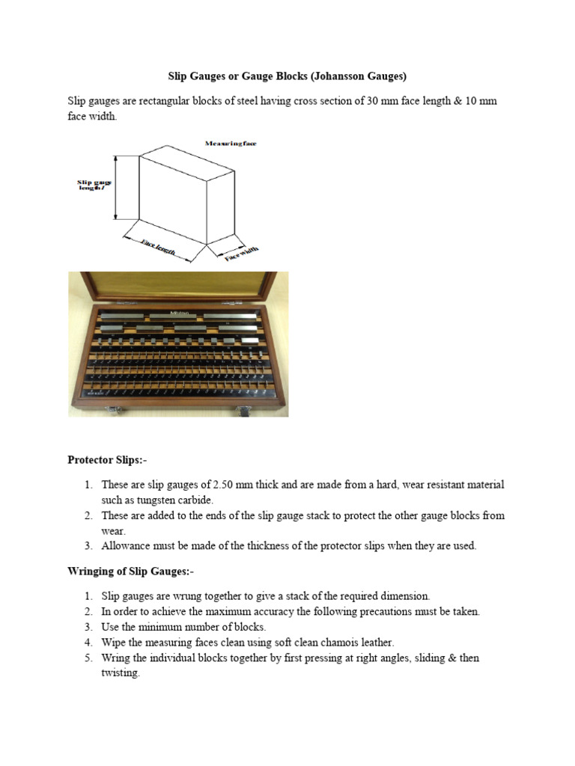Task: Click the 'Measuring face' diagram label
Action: (230, 143)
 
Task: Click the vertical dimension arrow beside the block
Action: (117, 187)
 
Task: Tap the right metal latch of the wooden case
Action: (244, 410)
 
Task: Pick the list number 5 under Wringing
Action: (87, 658)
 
